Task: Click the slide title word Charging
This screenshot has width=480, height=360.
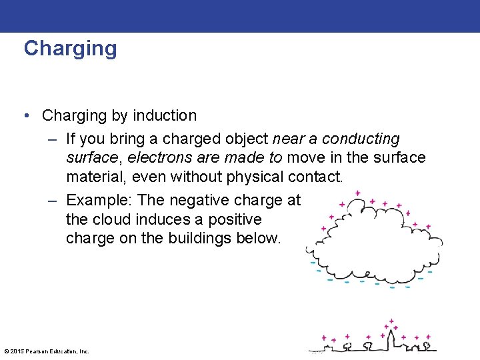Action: pyautogui.click(x=70, y=49)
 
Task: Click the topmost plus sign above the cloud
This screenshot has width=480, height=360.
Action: pyautogui.click(x=358, y=193)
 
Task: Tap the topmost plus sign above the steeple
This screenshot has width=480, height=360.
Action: pyautogui.click(x=391, y=321)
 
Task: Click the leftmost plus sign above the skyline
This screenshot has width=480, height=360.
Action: pyautogui.click(x=324, y=337)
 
